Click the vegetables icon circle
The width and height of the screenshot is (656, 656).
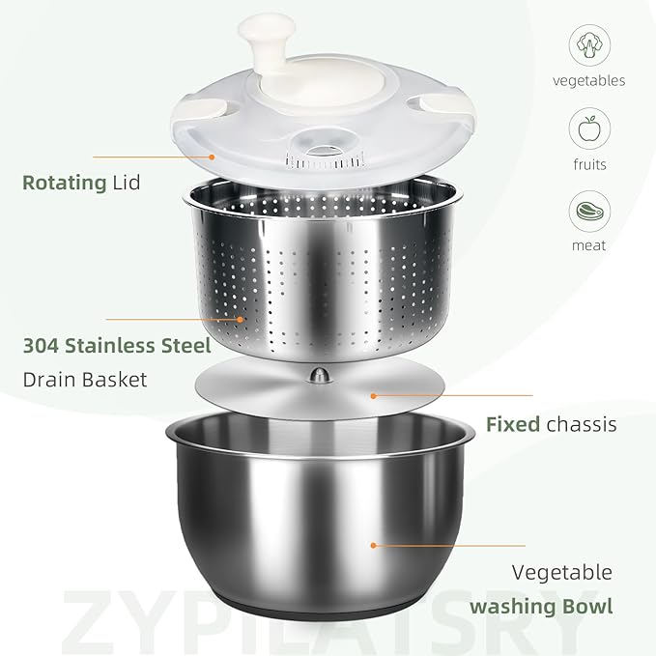click(x=589, y=45)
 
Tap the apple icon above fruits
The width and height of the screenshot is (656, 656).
click(x=589, y=128)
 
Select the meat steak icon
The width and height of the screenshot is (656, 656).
click(x=590, y=212)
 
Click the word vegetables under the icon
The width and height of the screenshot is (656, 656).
click(x=588, y=81)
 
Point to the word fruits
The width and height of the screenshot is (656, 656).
click(x=590, y=164)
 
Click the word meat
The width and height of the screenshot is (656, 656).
click(x=588, y=245)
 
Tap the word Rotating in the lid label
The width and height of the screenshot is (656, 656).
click(x=65, y=184)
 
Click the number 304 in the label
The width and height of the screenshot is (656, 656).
click(x=41, y=346)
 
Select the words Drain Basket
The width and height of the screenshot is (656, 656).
click(x=85, y=380)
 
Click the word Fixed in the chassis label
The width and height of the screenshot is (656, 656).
click(x=513, y=424)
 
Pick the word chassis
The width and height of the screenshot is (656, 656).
click(x=582, y=424)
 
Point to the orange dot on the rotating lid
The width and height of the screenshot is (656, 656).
click(x=212, y=157)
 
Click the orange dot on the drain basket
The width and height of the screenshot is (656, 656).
click(x=240, y=319)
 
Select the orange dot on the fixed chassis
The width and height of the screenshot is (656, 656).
click(x=374, y=395)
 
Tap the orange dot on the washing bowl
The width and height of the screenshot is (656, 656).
click(x=373, y=545)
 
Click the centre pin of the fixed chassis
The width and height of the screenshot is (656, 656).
click(x=320, y=375)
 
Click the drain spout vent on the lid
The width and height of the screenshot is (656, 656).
click(x=325, y=159)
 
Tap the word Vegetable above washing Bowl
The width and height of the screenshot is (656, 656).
click(x=562, y=573)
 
